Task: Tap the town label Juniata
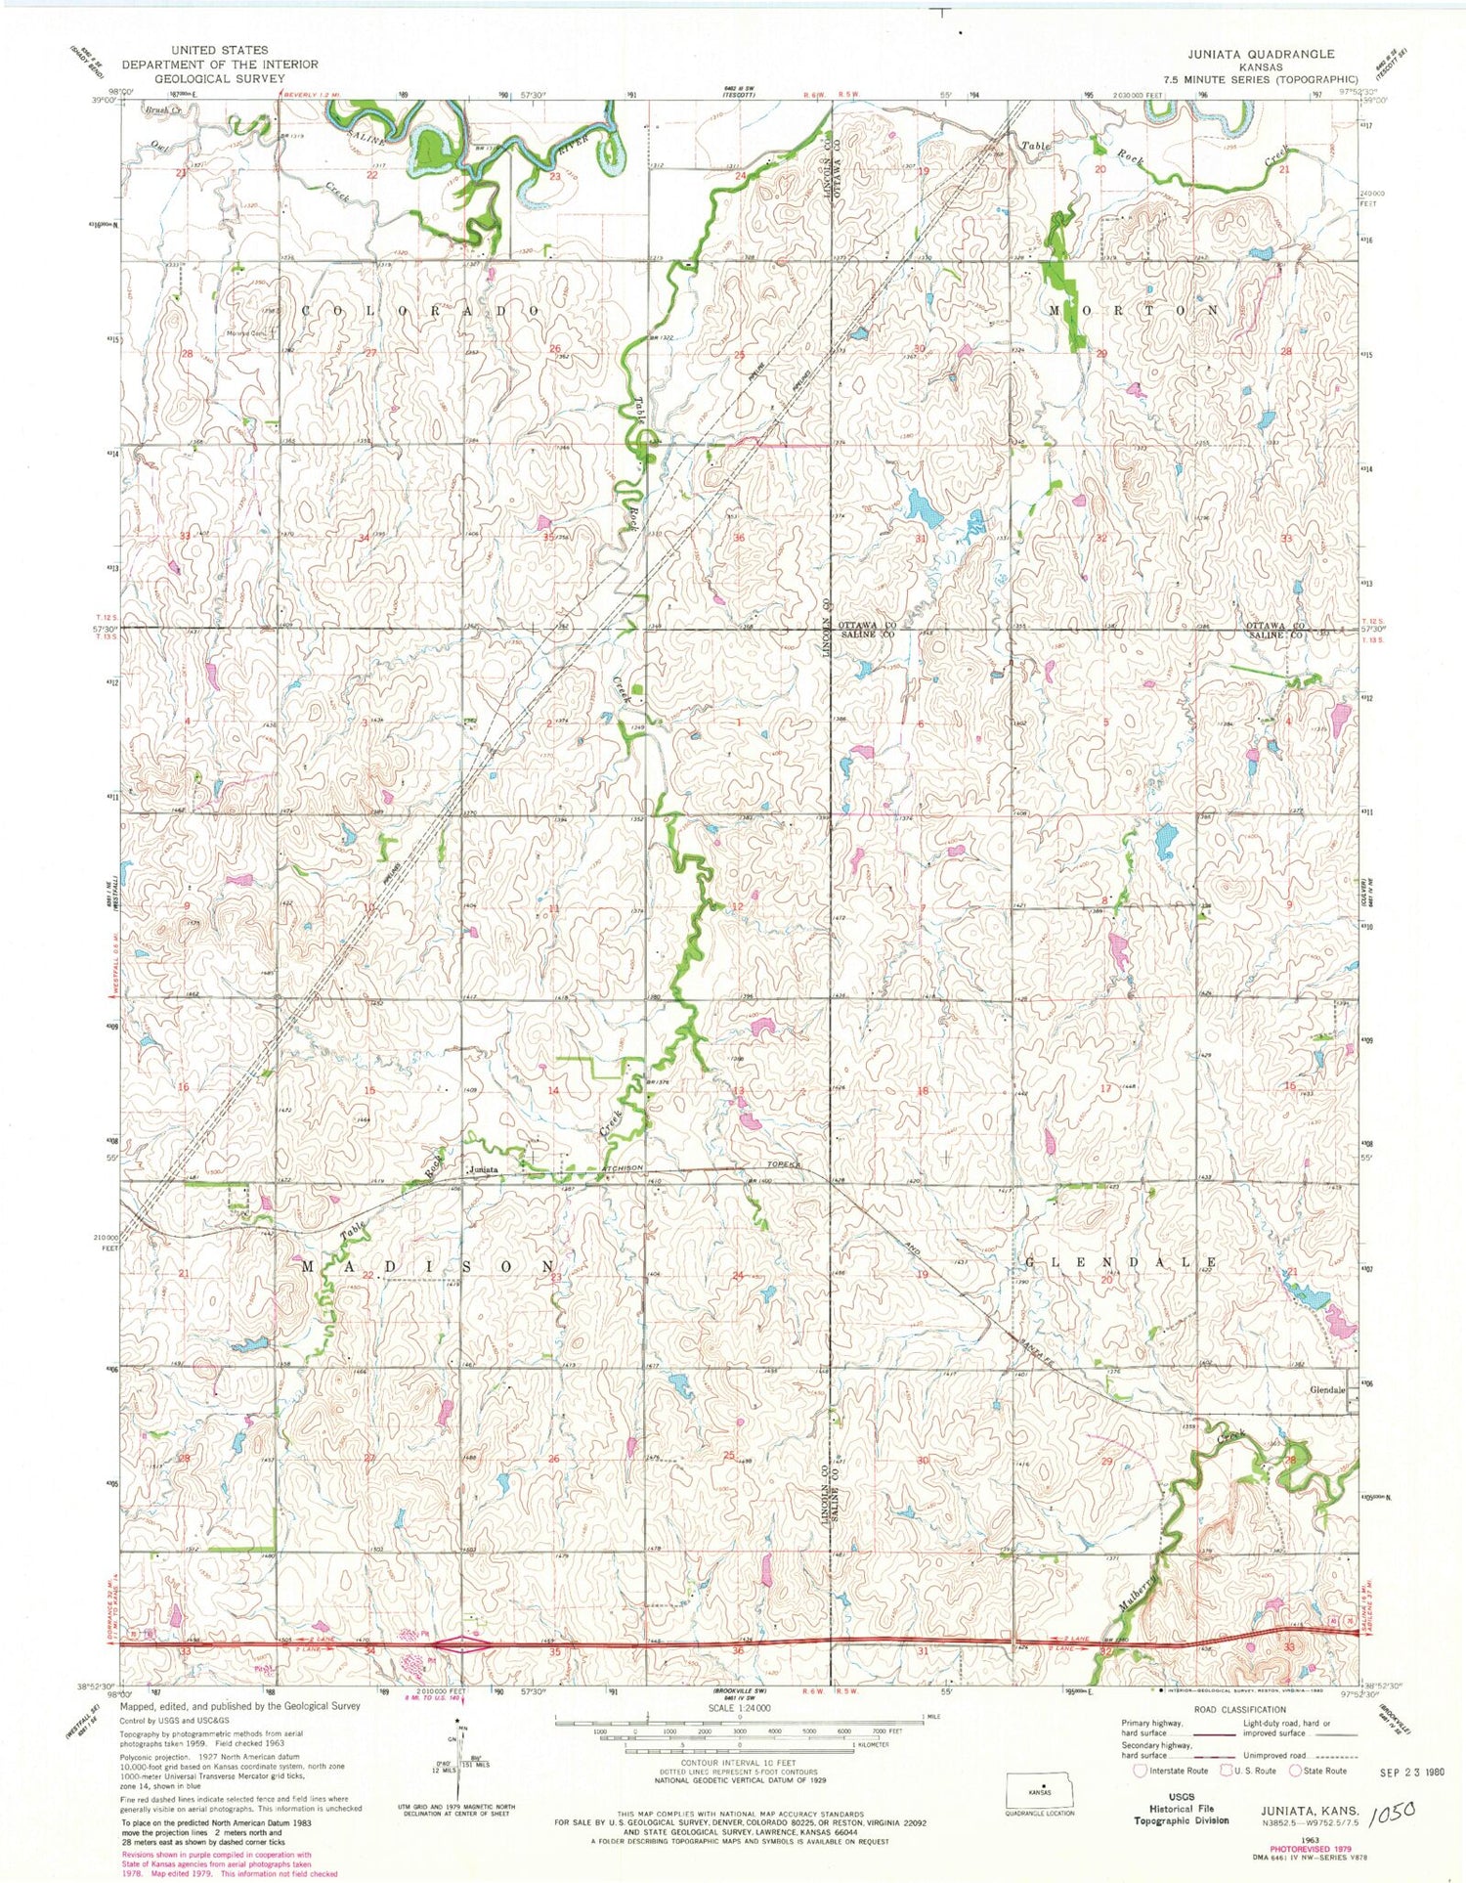[482, 1169]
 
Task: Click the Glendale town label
[1328, 1389]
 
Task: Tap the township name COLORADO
[420, 310]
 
